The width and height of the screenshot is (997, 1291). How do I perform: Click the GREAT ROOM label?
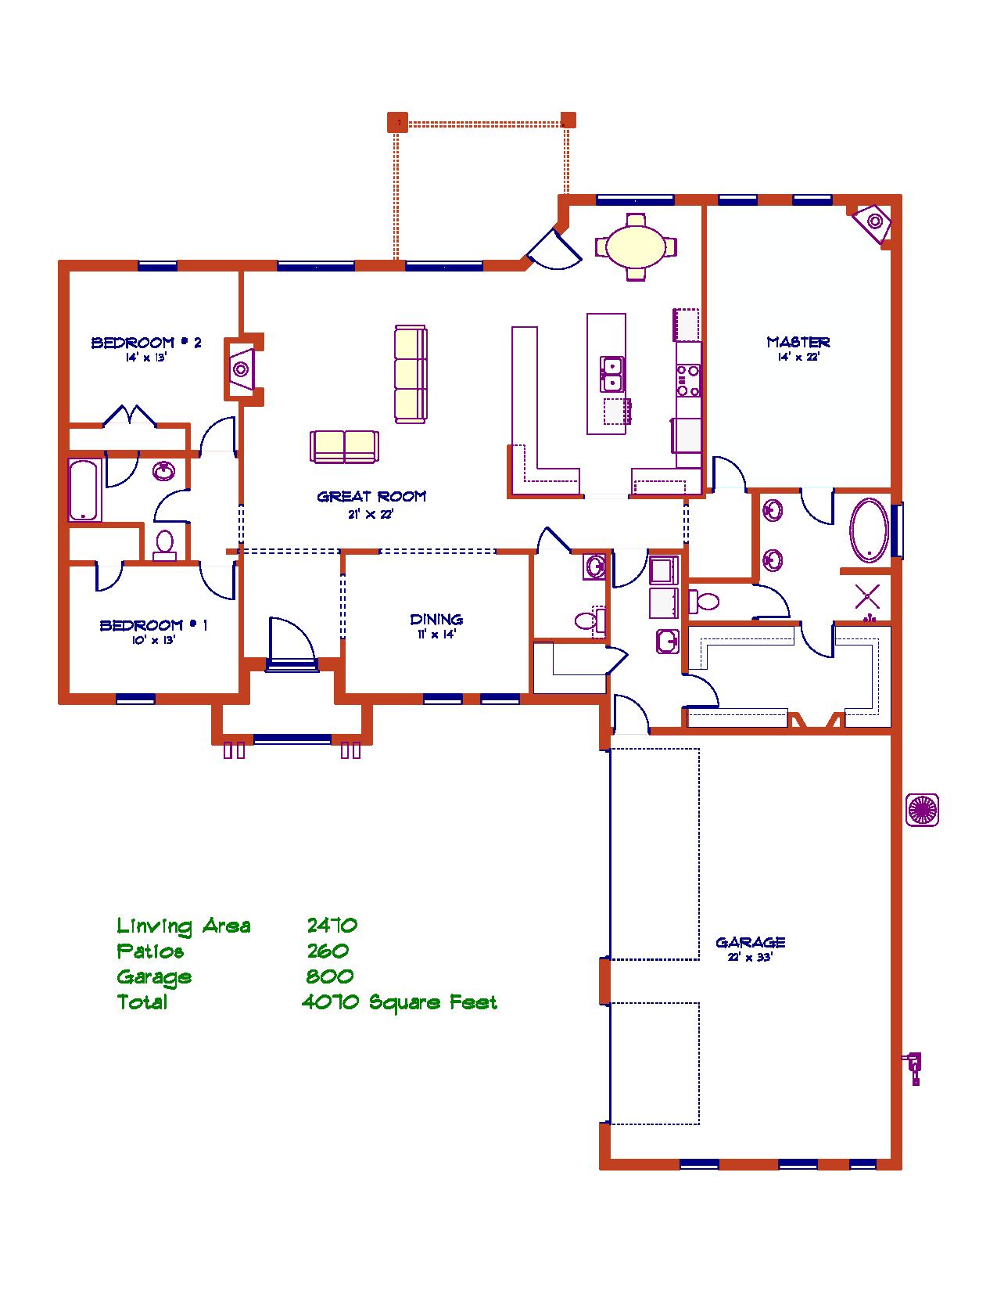point(371,496)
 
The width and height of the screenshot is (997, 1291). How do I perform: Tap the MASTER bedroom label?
point(798,342)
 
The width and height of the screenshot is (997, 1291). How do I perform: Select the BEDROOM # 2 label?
point(146,342)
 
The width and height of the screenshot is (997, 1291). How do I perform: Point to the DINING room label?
point(436,619)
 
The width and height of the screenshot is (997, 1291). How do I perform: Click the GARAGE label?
point(750,942)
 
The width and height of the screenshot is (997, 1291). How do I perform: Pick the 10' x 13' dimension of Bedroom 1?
point(154,641)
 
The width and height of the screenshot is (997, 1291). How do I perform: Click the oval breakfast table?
point(636,246)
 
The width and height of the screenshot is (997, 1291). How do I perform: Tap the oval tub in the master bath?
point(870,530)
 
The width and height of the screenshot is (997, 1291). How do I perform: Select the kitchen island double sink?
point(611,374)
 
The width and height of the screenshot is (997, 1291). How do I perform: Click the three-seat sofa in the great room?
point(411,374)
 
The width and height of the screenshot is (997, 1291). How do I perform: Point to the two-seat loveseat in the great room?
point(344,446)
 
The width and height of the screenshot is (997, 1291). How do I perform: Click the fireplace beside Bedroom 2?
point(241,370)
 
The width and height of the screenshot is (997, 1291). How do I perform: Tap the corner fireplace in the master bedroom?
point(873,222)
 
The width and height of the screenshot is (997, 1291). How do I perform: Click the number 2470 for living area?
point(332,925)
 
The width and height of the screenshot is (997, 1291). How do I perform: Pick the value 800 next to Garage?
point(329,976)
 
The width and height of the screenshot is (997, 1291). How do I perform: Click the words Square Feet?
point(433,1003)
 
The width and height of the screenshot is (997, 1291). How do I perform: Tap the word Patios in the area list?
point(150,951)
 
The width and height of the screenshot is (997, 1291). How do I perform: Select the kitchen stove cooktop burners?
point(688,381)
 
